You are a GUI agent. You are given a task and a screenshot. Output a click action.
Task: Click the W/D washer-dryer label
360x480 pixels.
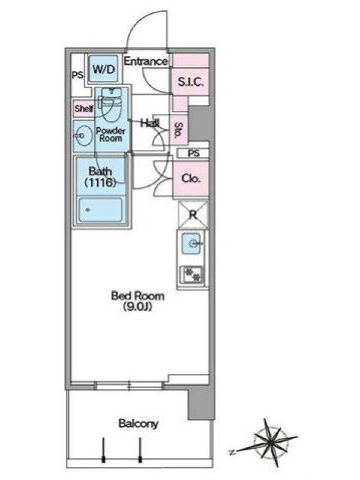104,69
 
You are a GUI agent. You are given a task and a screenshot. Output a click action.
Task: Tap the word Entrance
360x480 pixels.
146,61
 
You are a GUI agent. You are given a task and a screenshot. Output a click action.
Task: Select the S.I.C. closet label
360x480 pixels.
190,82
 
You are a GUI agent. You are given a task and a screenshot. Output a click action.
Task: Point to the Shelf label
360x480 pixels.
84,109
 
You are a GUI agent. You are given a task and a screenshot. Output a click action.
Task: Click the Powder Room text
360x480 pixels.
111,134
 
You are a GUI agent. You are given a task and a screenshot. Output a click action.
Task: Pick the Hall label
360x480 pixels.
150,123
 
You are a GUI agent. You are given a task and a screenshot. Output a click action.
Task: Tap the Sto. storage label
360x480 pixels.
179,130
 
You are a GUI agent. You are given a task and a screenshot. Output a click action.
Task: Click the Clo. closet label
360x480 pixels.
191,178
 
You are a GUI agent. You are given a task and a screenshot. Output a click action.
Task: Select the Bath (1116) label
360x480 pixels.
100,177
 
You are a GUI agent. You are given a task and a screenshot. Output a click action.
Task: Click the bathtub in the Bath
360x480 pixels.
101,210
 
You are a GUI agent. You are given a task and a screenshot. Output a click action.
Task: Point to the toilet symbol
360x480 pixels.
111,104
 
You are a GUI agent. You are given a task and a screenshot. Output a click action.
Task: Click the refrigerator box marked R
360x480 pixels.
193,215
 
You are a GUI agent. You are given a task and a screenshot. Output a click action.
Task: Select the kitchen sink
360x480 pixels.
191,244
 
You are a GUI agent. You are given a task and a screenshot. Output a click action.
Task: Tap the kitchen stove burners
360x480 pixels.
192,275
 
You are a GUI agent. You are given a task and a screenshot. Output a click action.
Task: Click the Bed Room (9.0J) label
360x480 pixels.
138,301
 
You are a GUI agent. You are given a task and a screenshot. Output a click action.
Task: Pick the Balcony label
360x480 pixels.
139,424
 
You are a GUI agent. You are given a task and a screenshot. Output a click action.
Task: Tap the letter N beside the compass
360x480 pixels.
232,452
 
